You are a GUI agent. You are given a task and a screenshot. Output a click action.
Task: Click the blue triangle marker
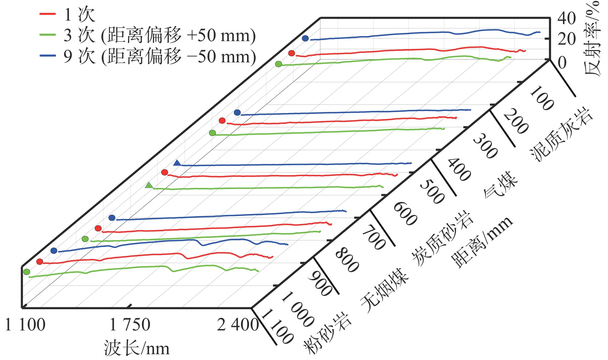177,163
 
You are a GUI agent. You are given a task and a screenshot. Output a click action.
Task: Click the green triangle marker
149,185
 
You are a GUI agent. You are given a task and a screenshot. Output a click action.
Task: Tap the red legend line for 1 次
48,14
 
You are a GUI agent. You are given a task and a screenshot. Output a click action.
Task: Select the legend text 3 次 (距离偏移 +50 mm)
160,35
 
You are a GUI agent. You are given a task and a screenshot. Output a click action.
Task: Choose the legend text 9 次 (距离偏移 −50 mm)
160,57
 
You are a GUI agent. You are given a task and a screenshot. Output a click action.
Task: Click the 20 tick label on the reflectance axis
567,39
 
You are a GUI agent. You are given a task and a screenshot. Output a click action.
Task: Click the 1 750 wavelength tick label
130,325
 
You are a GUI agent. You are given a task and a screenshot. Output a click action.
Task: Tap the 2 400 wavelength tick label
238,325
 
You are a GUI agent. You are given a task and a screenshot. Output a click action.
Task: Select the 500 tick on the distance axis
432,192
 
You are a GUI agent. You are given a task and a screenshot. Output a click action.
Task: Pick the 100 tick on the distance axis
542,98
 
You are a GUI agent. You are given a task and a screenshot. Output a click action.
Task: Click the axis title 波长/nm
136,348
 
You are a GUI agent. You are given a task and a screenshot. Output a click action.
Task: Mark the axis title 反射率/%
592,39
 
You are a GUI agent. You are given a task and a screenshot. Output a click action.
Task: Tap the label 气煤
501,184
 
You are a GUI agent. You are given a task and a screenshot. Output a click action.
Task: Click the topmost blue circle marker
305,39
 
